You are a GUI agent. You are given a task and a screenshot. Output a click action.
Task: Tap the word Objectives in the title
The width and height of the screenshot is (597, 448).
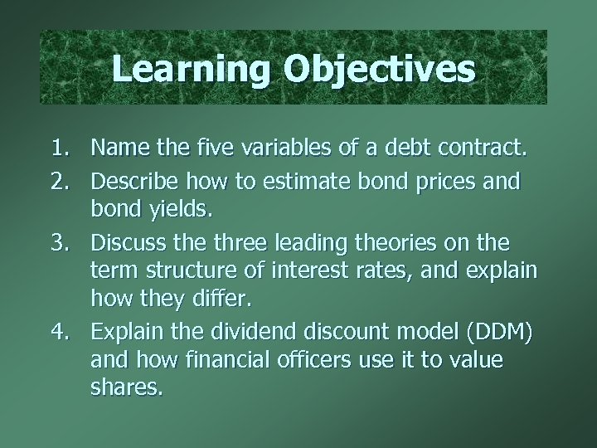[379, 68]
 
